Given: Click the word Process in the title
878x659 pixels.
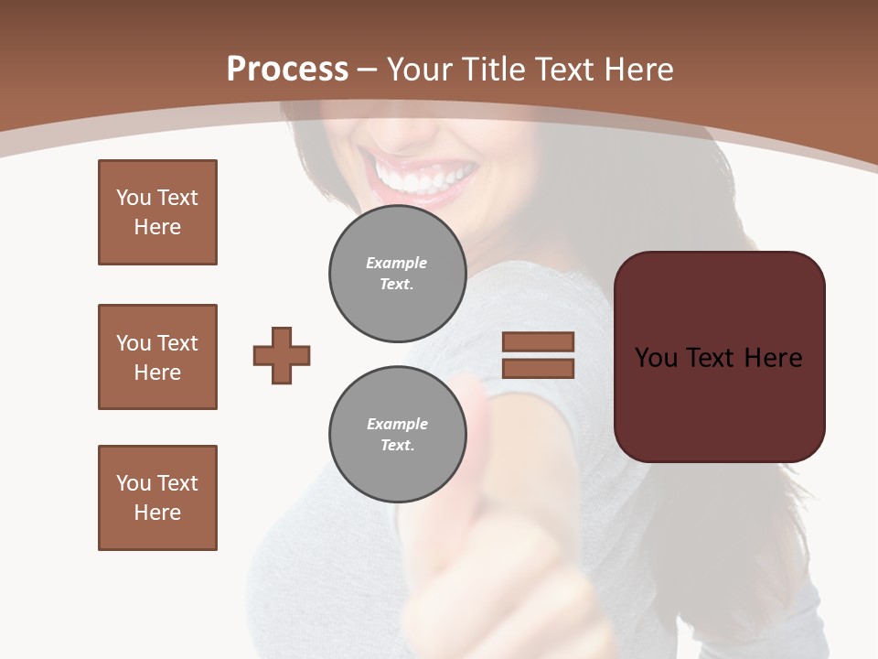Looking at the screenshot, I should coord(287,70).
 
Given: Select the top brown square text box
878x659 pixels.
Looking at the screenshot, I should coord(157,212).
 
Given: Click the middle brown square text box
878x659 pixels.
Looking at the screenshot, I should coord(157,357).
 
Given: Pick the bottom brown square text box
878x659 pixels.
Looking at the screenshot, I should coord(157,498).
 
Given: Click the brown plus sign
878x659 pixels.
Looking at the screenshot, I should coord(282,355).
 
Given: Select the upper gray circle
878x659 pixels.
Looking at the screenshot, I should coord(397,274).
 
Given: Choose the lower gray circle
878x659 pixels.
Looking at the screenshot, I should coord(397,435).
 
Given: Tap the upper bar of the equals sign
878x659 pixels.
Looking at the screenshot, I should coord(538,341).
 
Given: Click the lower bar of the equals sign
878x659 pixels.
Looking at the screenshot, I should coord(538,368).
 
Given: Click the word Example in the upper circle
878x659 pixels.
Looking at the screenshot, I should coord(396,264).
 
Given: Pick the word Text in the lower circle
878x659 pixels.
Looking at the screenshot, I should coord(396,446).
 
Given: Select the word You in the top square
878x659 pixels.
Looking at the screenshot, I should coord(133,198).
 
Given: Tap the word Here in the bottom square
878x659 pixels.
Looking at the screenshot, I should coord(157,513).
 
